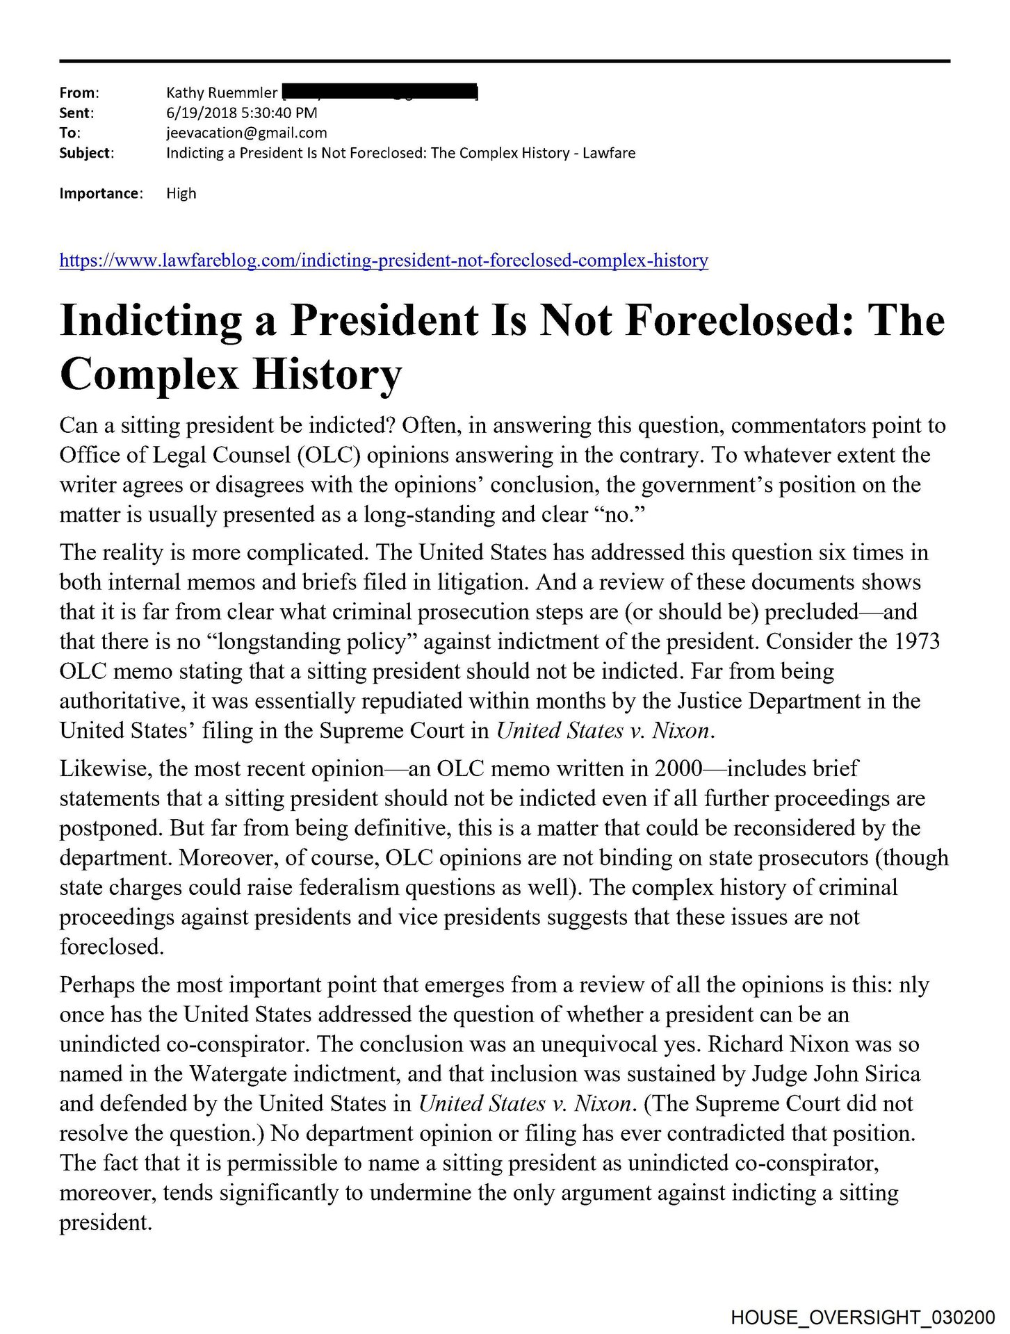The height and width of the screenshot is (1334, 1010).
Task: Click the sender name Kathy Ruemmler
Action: (222, 92)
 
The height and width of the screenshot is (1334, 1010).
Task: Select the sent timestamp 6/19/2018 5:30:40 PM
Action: (241, 113)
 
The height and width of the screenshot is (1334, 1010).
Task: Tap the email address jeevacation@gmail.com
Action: (246, 133)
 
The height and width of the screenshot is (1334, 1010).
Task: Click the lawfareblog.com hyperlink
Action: (384, 261)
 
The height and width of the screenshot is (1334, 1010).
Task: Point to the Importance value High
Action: (181, 193)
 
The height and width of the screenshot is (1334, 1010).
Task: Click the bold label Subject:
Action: (87, 153)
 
